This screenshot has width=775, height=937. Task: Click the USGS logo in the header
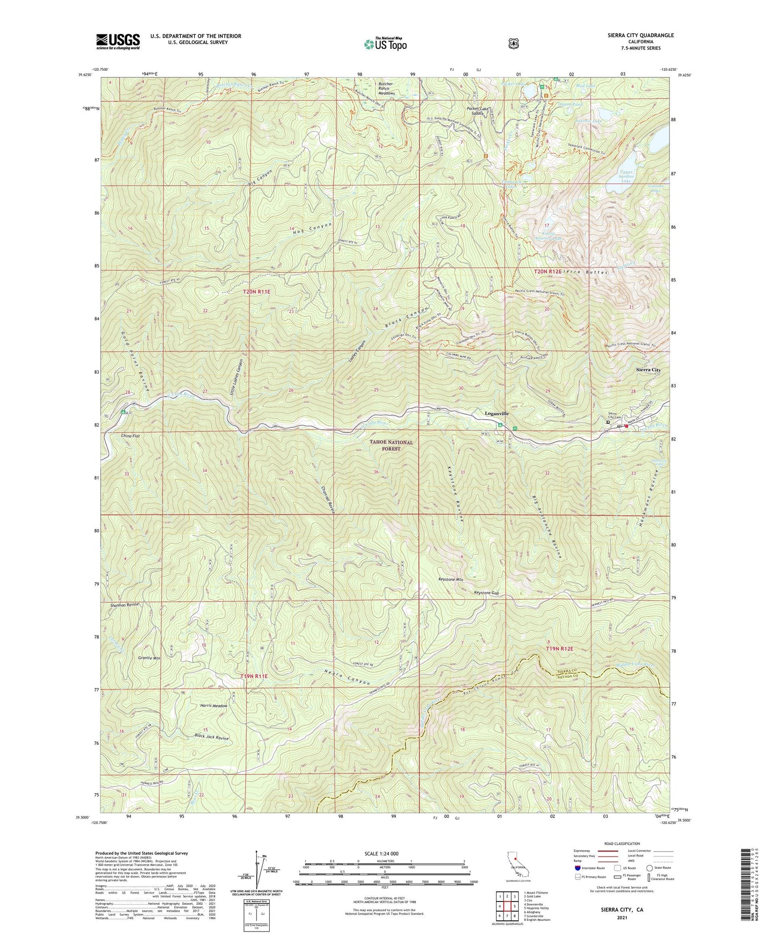tap(118, 41)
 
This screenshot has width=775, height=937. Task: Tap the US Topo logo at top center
tap(385, 44)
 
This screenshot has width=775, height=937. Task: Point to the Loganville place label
tap(497, 414)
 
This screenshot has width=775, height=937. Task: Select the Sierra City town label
tap(648, 370)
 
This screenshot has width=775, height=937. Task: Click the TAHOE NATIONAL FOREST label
tap(392, 445)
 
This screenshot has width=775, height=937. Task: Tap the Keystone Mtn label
tap(451, 580)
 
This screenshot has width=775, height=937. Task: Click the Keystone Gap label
tap(486, 593)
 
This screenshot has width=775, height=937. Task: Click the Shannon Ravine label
tap(124, 605)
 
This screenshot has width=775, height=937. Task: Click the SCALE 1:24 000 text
tap(384, 853)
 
